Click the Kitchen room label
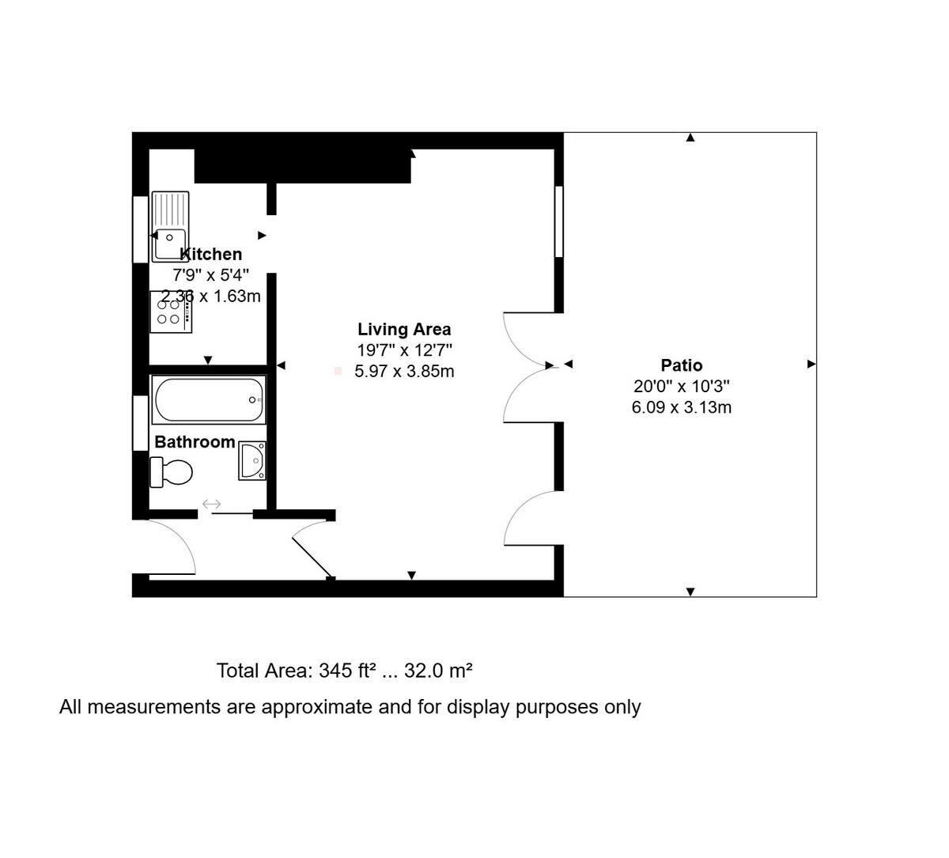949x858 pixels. click(x=211, y=254)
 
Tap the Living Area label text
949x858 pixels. click(x=404, y=330)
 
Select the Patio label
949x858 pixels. click(x=681, y=365)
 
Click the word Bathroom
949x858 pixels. click(x=195, y=442)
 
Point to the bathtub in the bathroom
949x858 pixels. click(x=209, y=400)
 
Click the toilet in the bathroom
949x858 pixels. click(x=172, y=473)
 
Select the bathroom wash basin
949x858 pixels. click(x=252, y=461)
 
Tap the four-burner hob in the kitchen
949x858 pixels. click(x=170, y=312)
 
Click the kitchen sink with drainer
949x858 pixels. click(x=170, y=227)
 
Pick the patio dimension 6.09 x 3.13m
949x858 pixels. click(x=681, y=408)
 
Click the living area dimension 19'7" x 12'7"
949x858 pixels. click(x=404, y=350)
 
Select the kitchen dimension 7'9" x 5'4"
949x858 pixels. click(x=210, y=275)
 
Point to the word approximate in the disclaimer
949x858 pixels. click(x=316, y=707)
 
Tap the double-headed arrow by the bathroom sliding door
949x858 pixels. click(x=212, y=504)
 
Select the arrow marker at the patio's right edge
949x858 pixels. click(x=811, y=365)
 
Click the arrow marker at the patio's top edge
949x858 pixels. click(x=690, y=138)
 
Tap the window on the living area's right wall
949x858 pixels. click(x=558, y=221)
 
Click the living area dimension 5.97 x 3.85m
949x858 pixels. click(x=404, y=372)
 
